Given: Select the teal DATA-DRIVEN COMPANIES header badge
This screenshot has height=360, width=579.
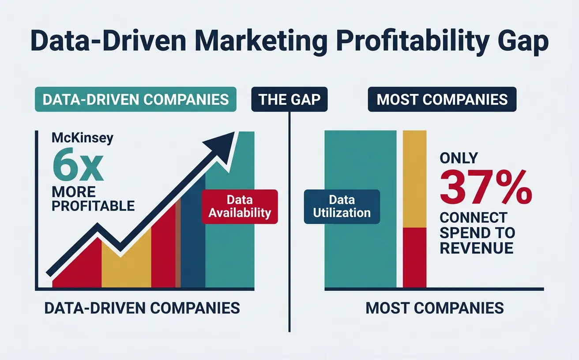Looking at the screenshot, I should click(135, 99).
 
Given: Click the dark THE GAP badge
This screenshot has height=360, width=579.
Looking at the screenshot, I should click(289, 99).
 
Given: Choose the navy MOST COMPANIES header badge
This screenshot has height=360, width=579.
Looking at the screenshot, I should click(442, 99).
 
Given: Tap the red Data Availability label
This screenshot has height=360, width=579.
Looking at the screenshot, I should click(240, 206).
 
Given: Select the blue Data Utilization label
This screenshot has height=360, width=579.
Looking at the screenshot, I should click(342, 206).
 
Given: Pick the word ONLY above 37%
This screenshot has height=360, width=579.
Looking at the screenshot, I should click(459, 157).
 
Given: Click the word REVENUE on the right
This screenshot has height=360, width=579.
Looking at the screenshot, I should click(477, 247).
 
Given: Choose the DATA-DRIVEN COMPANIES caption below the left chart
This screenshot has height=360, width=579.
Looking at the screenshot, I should click(142, 307).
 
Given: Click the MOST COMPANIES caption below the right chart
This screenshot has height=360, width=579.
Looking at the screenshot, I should click(435, 307).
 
